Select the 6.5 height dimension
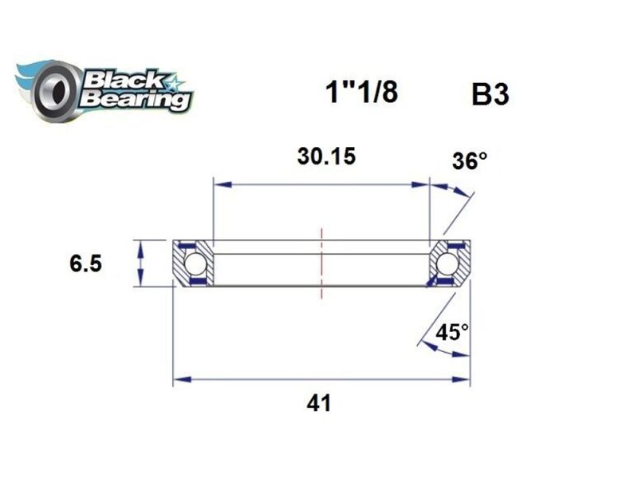[85, 264]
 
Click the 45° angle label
[452, 331]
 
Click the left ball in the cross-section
[195, 263]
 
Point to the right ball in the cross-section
[447, 263]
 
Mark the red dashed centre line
[321, 263]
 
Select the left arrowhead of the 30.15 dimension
[221, 185]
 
